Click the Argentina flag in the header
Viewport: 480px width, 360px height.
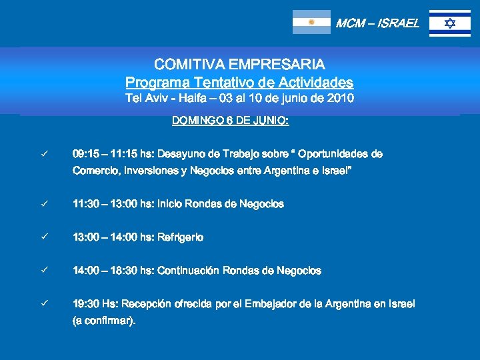(x=311, y=22)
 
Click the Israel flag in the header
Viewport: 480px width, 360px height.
(x=449, y=23)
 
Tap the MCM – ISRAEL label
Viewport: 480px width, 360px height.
(x=377, y=23)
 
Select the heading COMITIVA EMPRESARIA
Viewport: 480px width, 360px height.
(x=239, y=65)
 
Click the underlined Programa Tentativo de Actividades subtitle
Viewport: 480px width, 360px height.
(x=239, y=83)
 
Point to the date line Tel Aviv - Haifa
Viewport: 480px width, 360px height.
(x=239, y=99)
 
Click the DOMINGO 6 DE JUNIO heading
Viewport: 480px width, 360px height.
(x=230, y=121)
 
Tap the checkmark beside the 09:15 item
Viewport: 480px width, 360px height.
(x=43, y=154)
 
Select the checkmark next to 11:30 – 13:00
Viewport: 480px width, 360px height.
(x=43, y=204)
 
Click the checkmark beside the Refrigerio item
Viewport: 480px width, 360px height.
(x=43, y=237)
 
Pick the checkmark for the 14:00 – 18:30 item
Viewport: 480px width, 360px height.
(x=43, y=271)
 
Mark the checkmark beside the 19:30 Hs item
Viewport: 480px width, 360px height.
(x=43, y=304)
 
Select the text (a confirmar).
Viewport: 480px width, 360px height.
(x=104, y=321)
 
